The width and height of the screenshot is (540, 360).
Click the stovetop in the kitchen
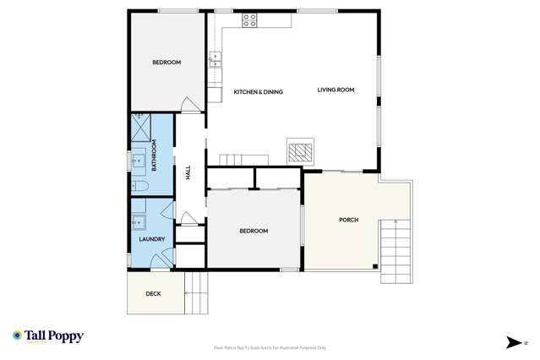tap(250, 21)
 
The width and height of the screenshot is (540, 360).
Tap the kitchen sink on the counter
tap(215, 58)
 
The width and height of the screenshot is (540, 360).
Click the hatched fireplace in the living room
tap(298, 152)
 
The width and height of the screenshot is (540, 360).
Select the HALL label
tap(188, 172)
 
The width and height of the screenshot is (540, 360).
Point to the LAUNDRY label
tap(151, 239)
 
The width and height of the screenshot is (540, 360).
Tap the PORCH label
tap(348, 220)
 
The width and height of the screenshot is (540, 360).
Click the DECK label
tap(153, 294)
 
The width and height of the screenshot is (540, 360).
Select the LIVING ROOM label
tap(335, 90)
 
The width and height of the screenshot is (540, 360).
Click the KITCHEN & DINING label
tap(258, 91)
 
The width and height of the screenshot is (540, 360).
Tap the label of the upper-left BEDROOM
tap(166, 63)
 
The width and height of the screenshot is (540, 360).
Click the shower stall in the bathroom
tap(139, 129)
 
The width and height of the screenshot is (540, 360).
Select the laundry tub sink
tap(139, 222)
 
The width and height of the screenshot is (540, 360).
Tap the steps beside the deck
tap(196, 293)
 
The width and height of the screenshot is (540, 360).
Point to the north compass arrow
tap(514, 342)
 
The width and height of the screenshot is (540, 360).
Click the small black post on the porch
tap(374, 267)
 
